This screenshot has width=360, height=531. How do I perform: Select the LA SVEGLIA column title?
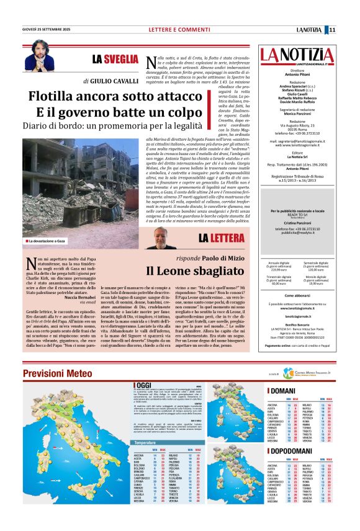tap(115, 60)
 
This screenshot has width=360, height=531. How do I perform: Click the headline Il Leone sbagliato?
tap(184, 270)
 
